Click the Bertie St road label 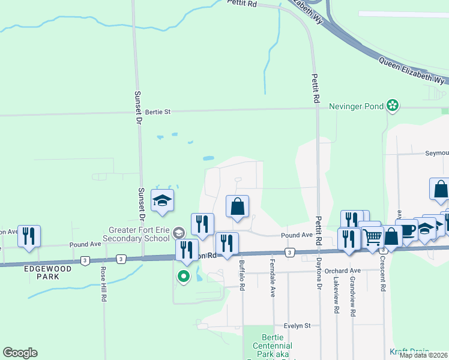[158, 112]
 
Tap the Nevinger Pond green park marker [393, 106]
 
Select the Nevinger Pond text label [356, 106]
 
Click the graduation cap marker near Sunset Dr [162, 200]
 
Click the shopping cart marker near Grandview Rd [372, 238]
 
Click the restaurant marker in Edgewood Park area [29, 236]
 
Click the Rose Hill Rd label [103, 284]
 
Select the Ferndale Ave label [273, 283]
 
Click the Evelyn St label [297, 326]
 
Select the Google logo [20, 353]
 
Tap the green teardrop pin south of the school [183, 277]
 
